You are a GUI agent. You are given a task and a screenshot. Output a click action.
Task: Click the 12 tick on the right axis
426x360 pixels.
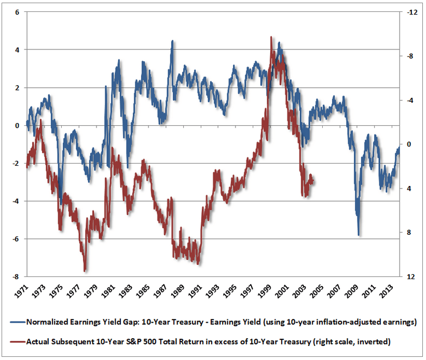[x=408, y=277]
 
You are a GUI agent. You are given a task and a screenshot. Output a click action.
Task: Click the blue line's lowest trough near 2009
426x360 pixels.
[x=359, y=235]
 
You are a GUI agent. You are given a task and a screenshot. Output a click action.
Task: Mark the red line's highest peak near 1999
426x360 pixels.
[x=271, y=37]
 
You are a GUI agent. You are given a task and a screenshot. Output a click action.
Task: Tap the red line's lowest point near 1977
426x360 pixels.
[x=85, y=271]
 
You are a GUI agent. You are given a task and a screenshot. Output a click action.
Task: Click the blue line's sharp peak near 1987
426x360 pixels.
[x=172, y=41]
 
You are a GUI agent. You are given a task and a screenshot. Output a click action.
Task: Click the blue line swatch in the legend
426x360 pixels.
[x=15, y=322]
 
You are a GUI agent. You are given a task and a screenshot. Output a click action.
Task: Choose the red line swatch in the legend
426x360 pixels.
[x=15, y=341]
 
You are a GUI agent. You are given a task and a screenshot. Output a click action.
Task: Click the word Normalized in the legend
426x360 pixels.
[x=46, y=322]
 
